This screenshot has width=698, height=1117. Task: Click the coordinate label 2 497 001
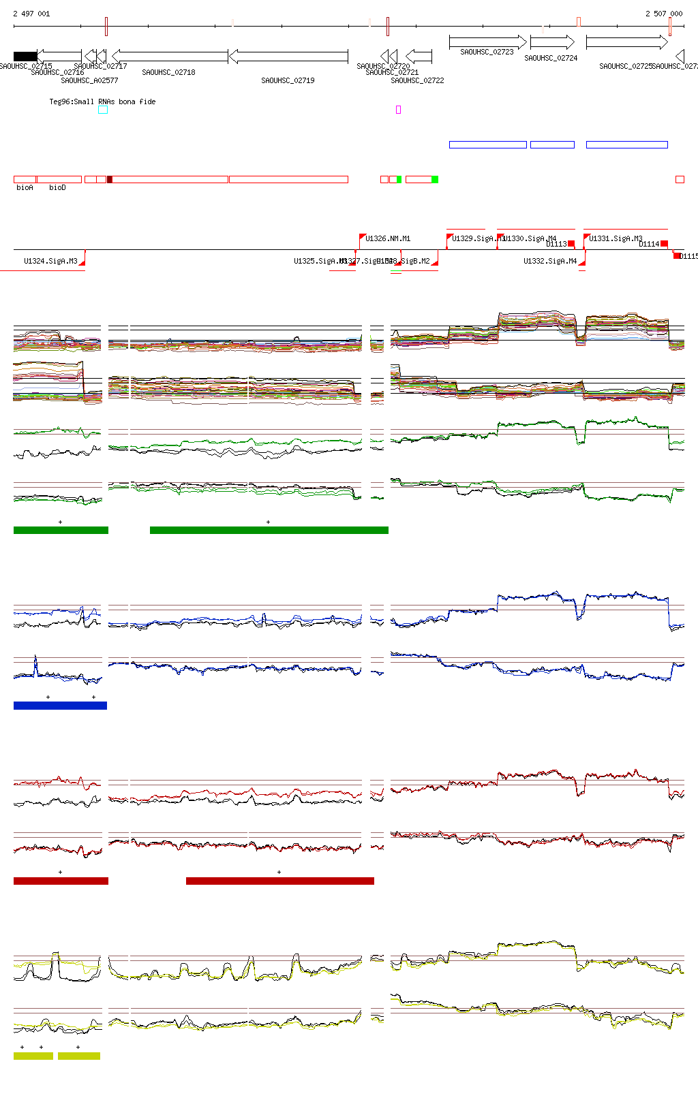(x=31, y=14)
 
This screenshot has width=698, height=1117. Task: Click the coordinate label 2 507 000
(x=664, y=14)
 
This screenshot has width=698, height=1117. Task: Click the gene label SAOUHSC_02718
(x=168, y=72)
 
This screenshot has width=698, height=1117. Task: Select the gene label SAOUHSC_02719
(x=288, y=80)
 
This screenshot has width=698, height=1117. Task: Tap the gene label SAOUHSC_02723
(x=487, y=52)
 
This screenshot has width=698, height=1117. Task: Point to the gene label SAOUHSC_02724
(x=551, y=58)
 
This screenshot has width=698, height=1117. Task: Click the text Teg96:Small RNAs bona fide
(x=102, y=101)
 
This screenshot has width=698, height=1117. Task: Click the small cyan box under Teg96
(x=103, y=110)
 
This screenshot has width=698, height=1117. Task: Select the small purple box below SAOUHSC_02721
(x=398, y=110)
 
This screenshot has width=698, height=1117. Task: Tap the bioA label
(x=25, y=187)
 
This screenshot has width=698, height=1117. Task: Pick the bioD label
(x=57, y=187)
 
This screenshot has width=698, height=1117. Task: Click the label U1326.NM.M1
(x=388, y=238)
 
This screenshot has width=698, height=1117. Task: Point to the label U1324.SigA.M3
(x=50, y=261)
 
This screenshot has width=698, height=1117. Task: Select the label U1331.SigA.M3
(x=616, y=238)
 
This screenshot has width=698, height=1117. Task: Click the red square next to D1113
(x=571, y=243)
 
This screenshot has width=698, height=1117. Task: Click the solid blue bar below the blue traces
(x=60, y=706)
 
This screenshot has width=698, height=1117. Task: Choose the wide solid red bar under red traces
(x=279, y=881)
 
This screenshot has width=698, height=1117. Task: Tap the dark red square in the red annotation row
(x=110, y=180)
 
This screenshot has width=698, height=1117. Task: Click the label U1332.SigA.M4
(x=550, y=261)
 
